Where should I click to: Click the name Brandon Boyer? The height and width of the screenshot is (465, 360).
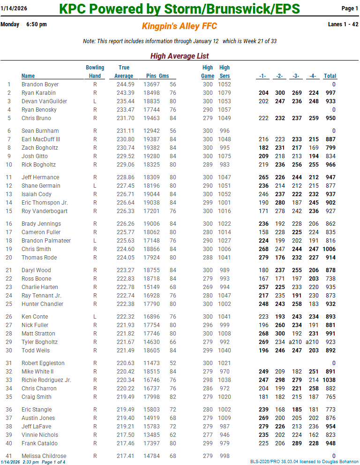click(x=40, y=84)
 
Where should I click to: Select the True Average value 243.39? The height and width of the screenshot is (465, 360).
click(x=125, y=93)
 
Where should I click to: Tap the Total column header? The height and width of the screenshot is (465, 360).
click(x=330, y=76)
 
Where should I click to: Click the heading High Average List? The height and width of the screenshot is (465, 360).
click(x=180, y=56)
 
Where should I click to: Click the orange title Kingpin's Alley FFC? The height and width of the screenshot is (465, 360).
click(x=180, y=27)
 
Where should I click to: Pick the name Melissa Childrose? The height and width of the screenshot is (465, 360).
click(x=44, y=456)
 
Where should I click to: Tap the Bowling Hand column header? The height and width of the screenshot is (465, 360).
click(x=95, y=72)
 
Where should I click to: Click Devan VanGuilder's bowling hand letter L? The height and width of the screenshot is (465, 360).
click(x=95, y=101)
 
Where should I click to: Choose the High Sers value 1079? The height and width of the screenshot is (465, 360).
click(x=225, y=93)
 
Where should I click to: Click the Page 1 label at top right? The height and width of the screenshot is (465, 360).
click(x=350, y=8)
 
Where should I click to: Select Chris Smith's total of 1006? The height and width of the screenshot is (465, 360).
click(x=329, y=249)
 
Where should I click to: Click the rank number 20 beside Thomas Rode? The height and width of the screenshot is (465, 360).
click(x=9, y=258)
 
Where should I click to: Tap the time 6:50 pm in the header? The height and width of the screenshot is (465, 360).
click(x=37, y=24)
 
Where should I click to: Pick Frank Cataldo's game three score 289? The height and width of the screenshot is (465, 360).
click(x=296, y=443)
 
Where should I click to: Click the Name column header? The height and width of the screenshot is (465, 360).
click(x=28, y=76)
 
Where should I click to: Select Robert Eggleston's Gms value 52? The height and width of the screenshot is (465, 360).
click(x=173, y=363)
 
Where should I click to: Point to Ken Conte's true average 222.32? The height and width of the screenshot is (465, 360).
click(x=125, y=317)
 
